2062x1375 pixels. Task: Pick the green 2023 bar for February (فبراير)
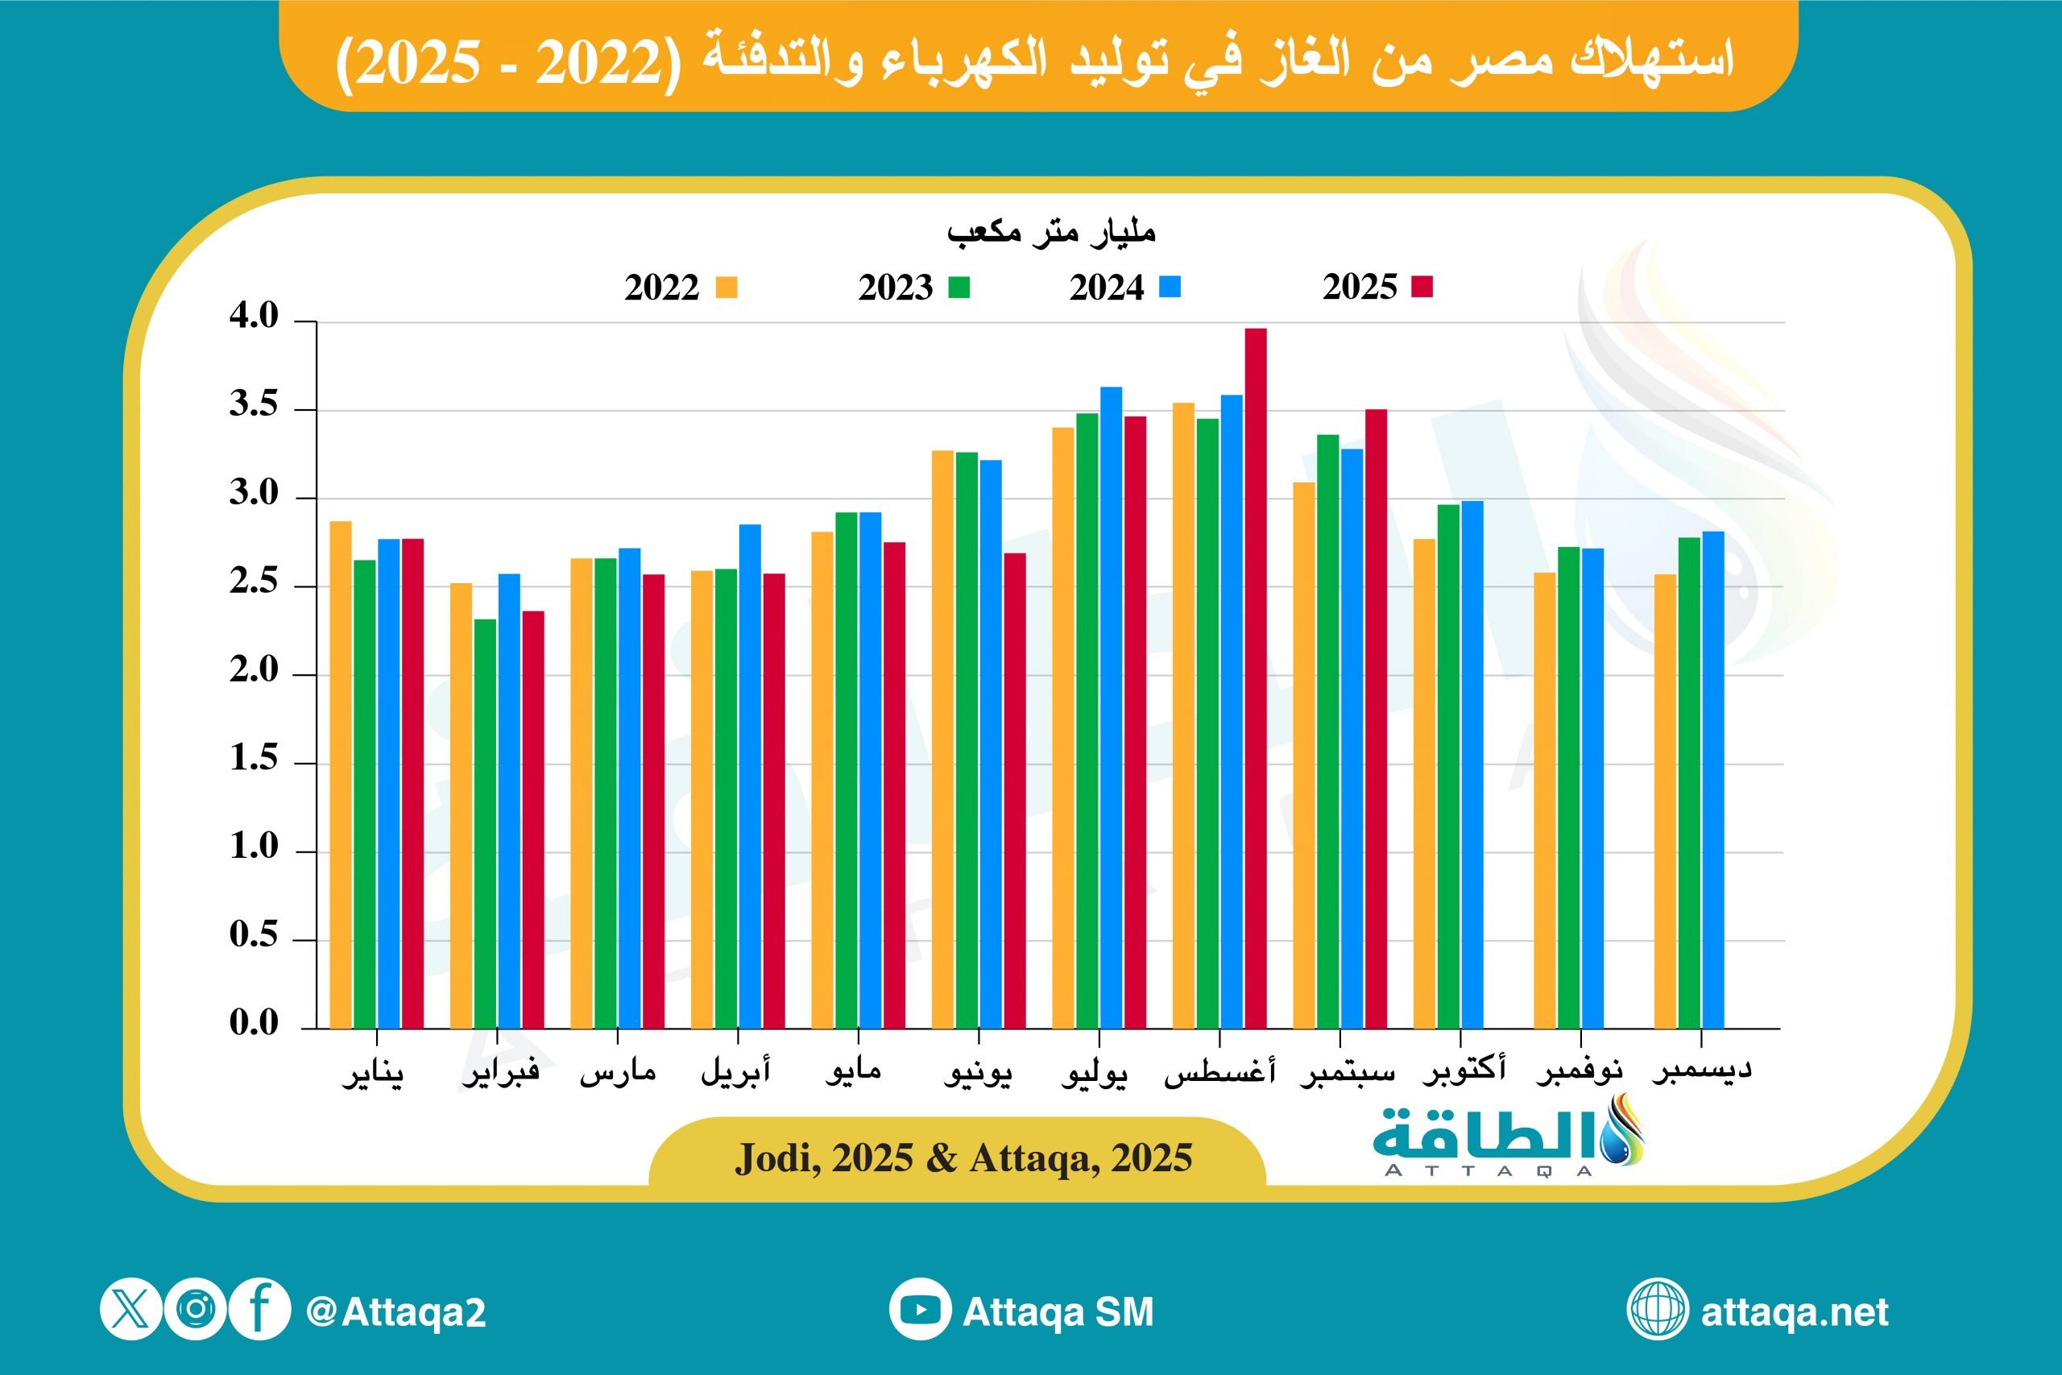coord(485,823)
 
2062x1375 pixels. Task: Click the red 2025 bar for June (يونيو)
coord(1014,790)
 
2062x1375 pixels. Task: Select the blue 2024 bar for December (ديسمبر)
coord(1713,780)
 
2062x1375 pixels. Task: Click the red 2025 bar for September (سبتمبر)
coord(1376,719)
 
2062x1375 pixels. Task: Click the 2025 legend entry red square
coord(1422,287)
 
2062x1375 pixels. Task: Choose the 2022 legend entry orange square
coord(726,288)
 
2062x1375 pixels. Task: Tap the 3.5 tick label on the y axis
coord(254,404)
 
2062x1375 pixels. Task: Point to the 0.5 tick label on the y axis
coord(254,934)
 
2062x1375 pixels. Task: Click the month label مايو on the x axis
coord(852,1071)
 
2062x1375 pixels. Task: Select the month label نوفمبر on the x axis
coord(1579,1071)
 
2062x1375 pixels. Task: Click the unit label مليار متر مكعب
coord(1050,232)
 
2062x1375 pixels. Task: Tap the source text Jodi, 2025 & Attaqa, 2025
coord(963,1158)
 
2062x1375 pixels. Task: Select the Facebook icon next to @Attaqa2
coord(259,1310)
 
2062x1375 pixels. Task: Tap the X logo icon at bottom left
coord(130,1310)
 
